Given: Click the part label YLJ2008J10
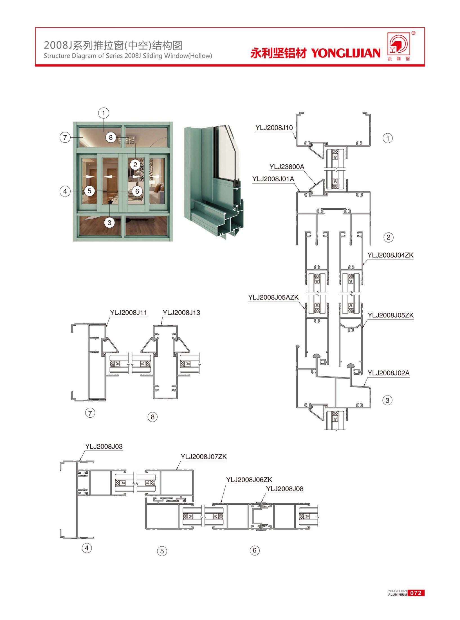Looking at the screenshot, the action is tap(274, 127).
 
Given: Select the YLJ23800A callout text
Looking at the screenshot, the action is tap(287, 167).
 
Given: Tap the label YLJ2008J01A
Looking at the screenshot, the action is tap(273, 179).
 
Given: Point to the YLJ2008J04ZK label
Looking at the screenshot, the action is tap(391, 255).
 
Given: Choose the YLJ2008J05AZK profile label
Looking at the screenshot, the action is tap(273, 297).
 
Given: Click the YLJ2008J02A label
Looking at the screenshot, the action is tap(389, 373).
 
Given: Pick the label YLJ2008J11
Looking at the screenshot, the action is tap(128, 312).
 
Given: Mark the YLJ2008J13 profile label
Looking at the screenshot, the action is tap(181, 312).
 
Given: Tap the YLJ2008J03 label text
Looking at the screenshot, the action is tap(104, 446).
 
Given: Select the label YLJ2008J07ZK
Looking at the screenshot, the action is tap(204, 456).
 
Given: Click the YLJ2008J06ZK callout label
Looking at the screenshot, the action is tap(249, 480).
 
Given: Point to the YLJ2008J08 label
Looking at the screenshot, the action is tap(285, 489).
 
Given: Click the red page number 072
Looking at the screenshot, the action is tap(416, 593).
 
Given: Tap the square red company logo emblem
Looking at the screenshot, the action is tap(399, 44).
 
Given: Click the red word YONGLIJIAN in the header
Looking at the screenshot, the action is tap(346, 53).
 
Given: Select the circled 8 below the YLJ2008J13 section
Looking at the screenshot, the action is tap(152, 417).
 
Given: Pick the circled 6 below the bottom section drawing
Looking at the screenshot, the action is tap(255, 550).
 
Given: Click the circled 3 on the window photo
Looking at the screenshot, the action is tap(109, 223).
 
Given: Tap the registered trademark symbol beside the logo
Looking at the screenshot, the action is tap(413, 33).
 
